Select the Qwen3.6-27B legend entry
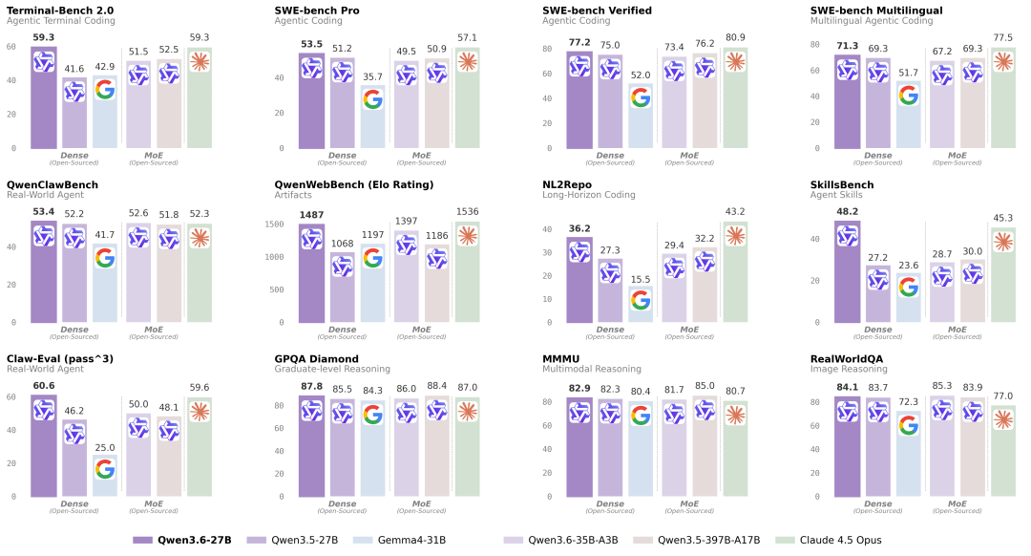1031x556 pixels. (182, 540)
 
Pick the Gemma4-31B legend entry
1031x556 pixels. (402, 540)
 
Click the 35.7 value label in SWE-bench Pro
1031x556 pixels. (372, 76)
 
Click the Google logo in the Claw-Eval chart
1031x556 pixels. (105, 469)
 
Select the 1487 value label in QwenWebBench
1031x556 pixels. (311, 215)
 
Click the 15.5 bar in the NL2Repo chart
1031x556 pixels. (641, 307)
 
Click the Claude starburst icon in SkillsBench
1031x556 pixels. (1003, 241)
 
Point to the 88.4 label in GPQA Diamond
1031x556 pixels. (436, 386)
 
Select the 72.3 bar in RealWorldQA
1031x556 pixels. (908, 459)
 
